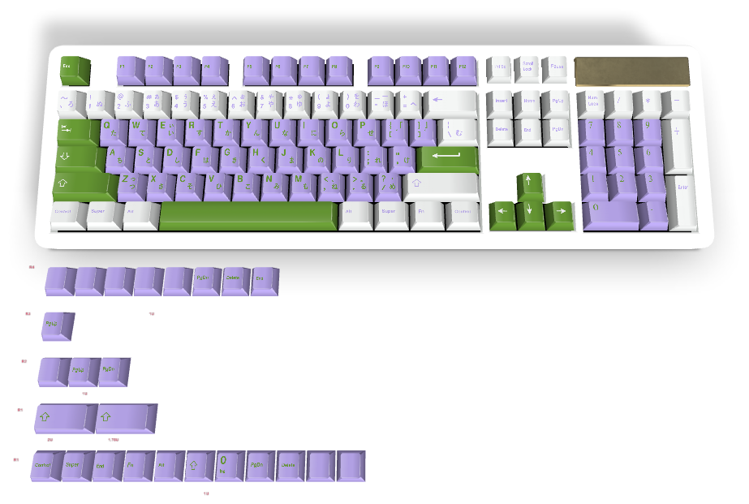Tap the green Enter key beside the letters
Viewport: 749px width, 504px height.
tap(448, 157)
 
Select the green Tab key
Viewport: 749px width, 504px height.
tap(75, 131)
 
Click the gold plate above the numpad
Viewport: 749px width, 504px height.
tap(631, 71)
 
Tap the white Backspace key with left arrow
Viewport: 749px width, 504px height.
tap(450, 103)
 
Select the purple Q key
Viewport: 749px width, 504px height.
tap(112, 131)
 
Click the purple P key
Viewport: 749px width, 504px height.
tap(366, 131)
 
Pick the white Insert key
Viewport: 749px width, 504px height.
tap(501, 103)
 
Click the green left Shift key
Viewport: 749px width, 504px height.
tap(83, 184)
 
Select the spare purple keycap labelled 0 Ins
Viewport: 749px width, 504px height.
tap(230, 465)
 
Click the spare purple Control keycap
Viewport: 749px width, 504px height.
tap(45, 466)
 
